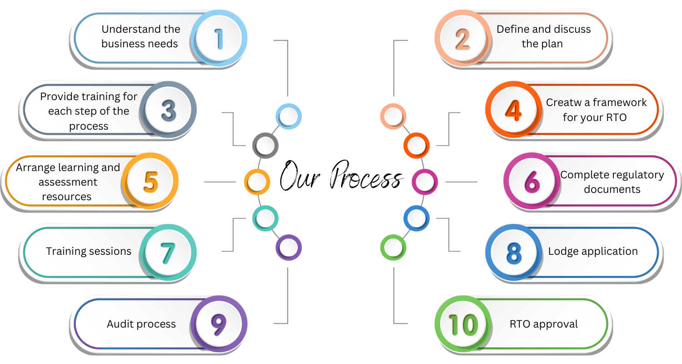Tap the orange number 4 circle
pos(513,111)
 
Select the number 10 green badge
pos(463,324)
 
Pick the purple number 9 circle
pos(219,324)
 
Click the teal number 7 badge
pos(168,251)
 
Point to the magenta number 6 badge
pos(531,182)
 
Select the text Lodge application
pos(593,251)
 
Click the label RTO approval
pos(544,324)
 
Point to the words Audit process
pos(141,324)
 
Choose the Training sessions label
pos(89,251)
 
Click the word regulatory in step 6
pos(637,175)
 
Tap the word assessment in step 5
pos(68,182)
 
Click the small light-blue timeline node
pos(288,116)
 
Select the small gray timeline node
pos(265,145)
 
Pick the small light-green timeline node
pos(393,248)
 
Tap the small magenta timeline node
pos(424,182)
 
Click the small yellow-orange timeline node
pos(257,182)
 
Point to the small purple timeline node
pos(288,248)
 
